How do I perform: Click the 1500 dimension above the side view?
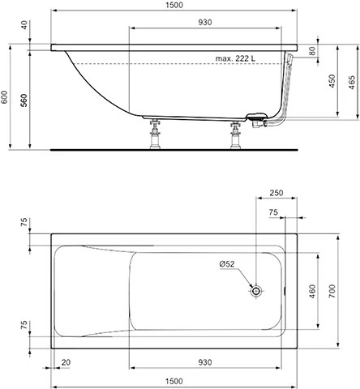coord(174,5)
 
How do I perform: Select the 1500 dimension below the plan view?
coord(174,381)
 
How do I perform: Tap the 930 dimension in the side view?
coord(205,22)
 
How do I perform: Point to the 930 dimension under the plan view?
coord(205,362)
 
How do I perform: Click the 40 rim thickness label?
coord(24,25)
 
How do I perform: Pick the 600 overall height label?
coord(4,97)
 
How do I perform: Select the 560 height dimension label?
coord(24,100)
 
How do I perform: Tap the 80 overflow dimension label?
coord(312,51)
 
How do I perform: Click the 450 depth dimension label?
coord(332,81)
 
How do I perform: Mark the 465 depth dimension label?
coord(352,83)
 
